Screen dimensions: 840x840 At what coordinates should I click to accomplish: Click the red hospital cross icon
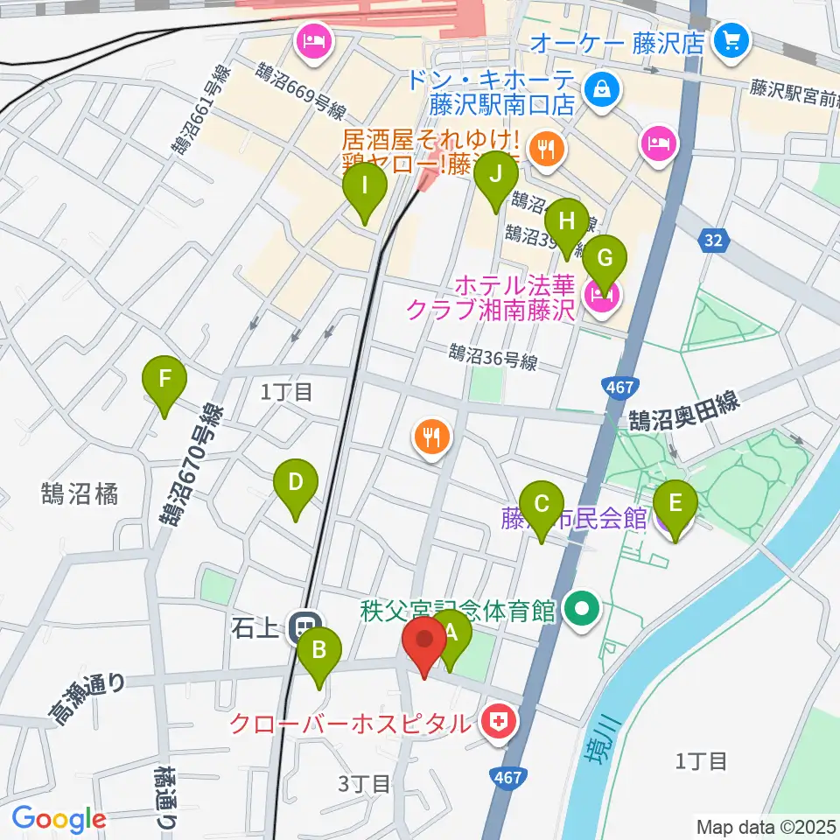pyautogui.click(x=498, y=723)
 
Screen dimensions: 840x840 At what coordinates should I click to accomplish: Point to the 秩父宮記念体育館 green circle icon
pyautogui.click(x=578, y=607)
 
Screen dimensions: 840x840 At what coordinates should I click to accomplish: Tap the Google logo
pyautogui.click(x=59, y=820)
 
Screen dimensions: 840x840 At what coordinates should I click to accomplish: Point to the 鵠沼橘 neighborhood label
pyautogui.click(x=80, y=493)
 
